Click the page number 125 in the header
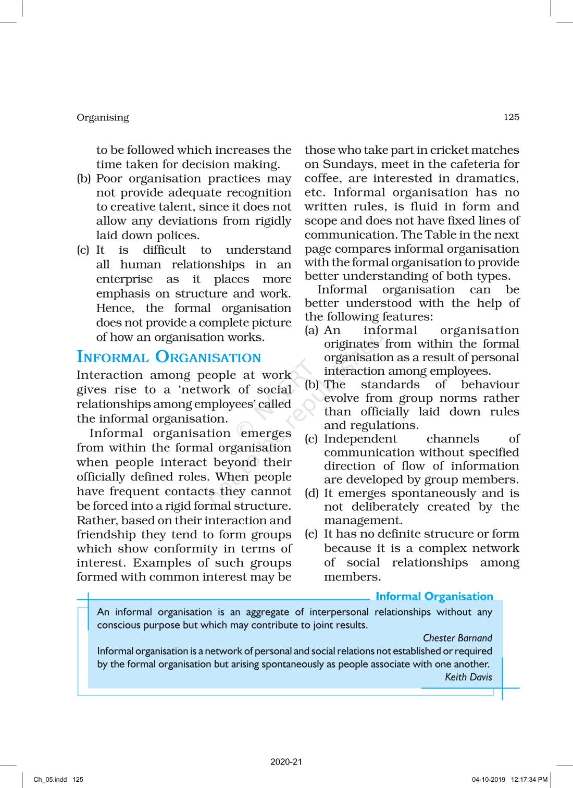[511, 117]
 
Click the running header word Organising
[103, 118]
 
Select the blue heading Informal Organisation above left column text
[169, 357]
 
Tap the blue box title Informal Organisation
[434, 596]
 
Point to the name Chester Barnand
[457, 638]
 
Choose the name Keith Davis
[468, 677]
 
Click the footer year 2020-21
[286, 762]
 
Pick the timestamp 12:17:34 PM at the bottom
[529, 780]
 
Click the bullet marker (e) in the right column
[311, 534]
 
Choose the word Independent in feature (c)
[360, 439]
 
